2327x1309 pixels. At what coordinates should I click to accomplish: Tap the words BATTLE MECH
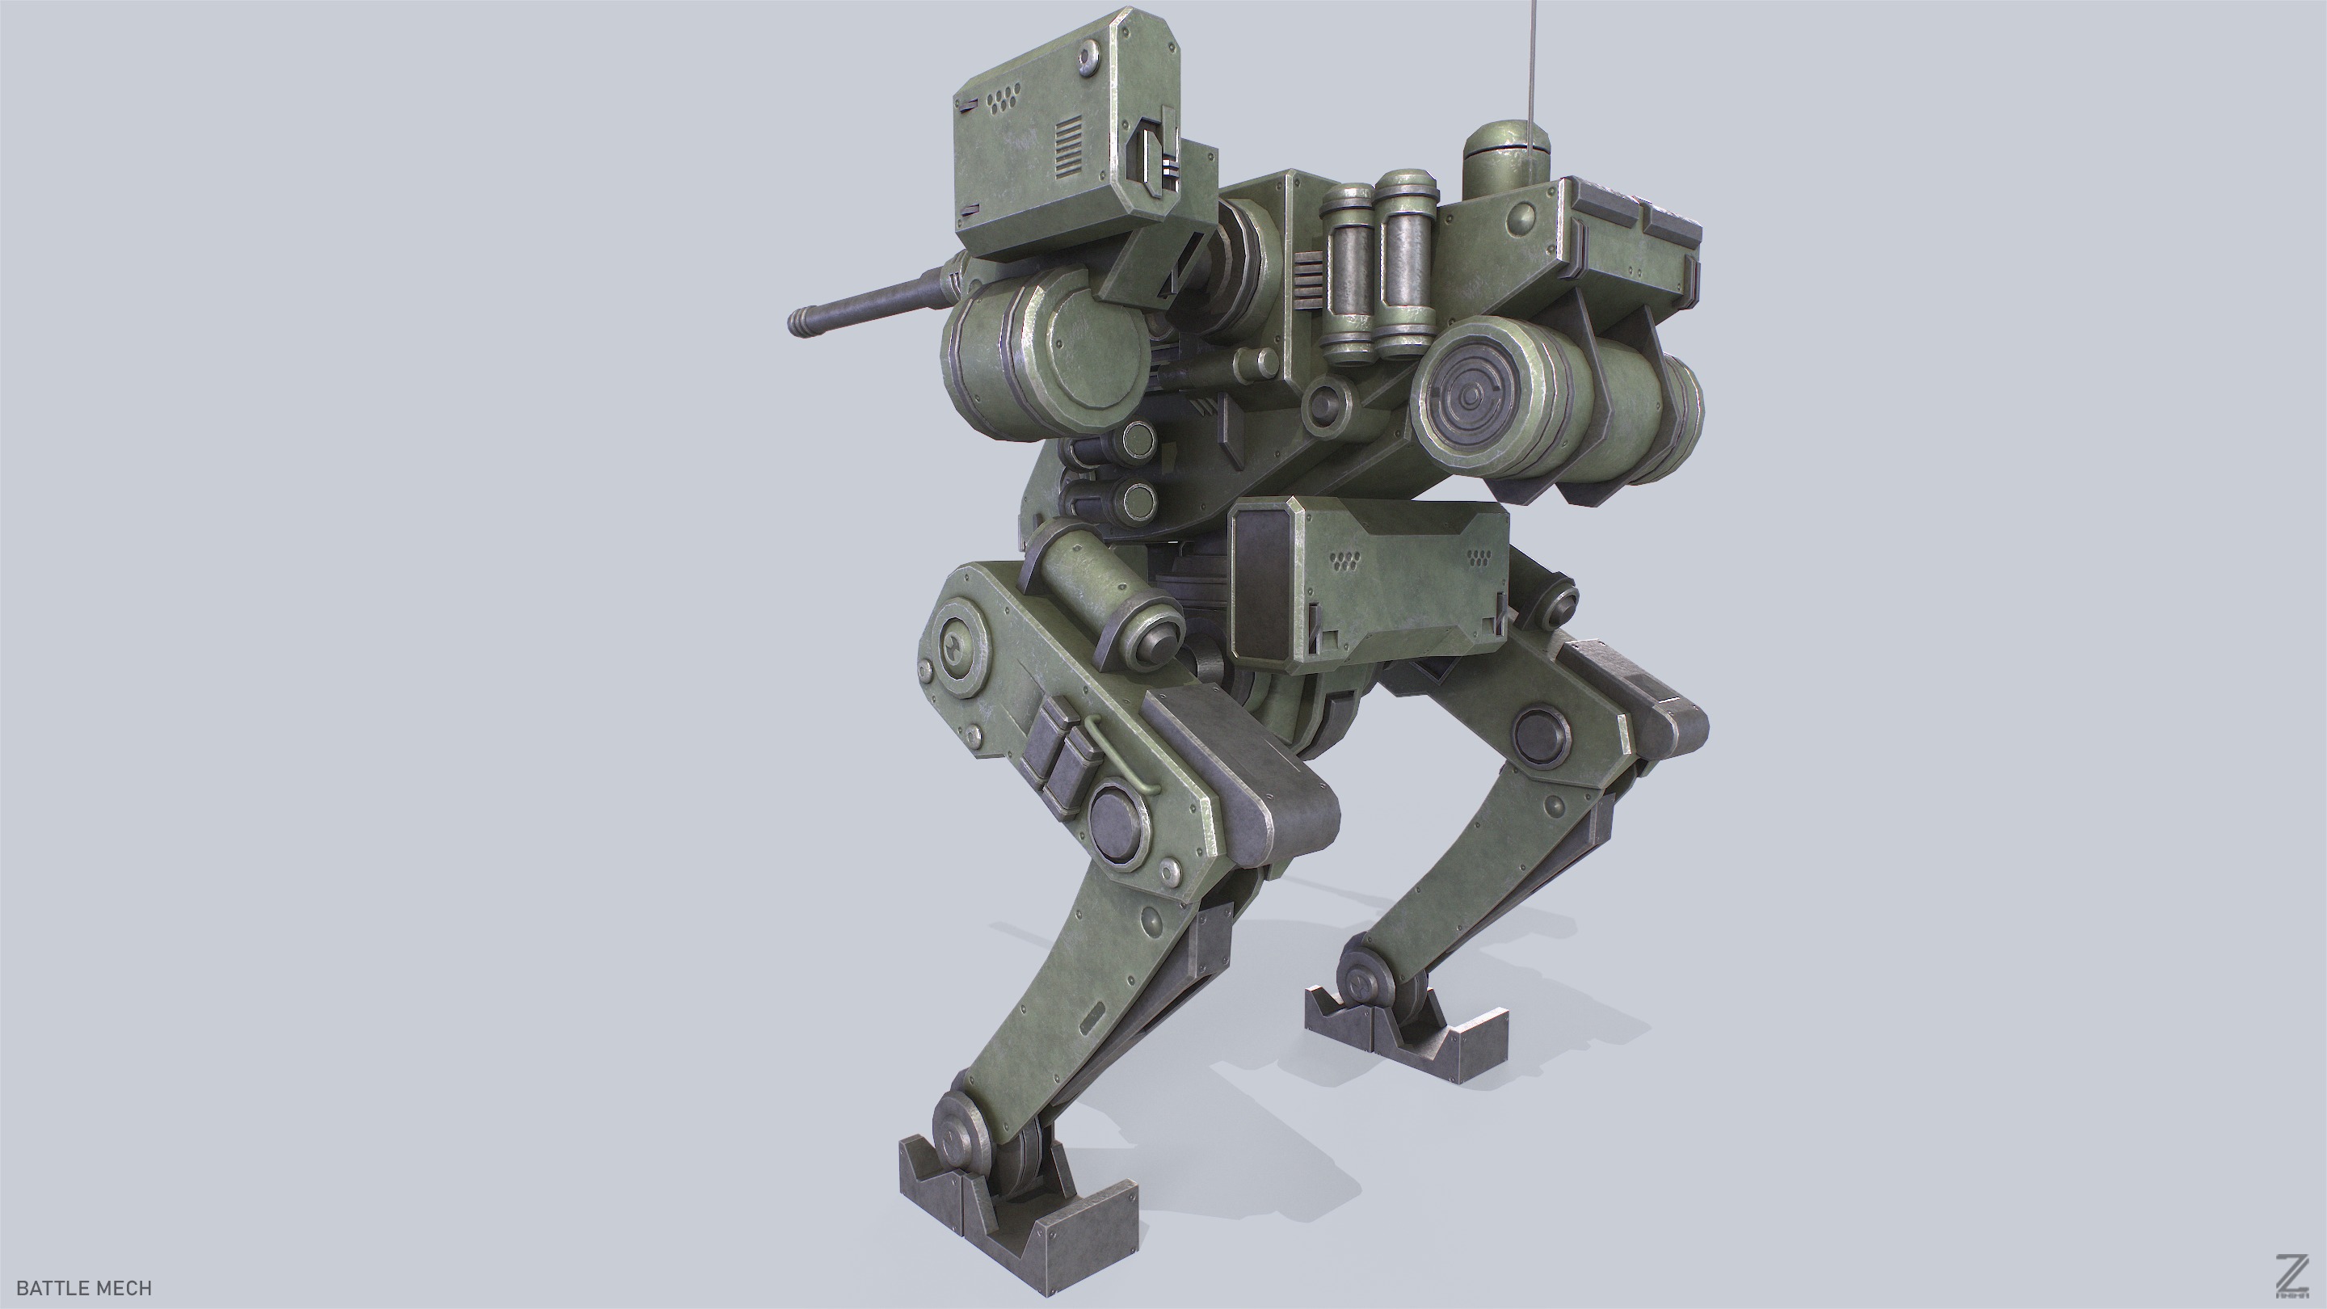point(84,1287)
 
